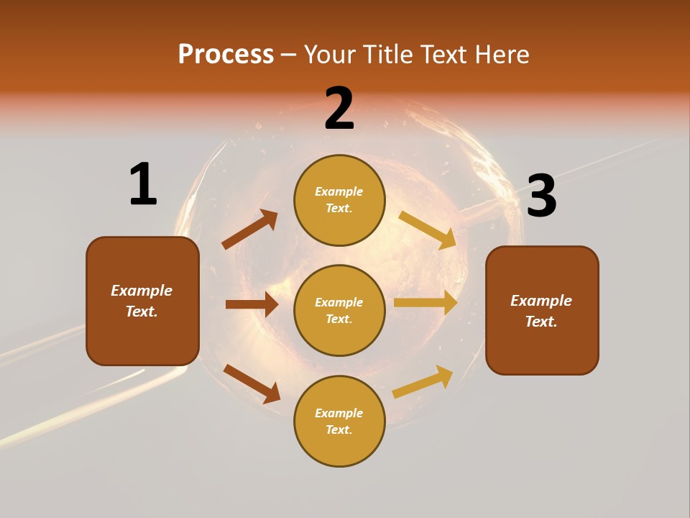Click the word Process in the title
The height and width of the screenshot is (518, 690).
pos(226,55)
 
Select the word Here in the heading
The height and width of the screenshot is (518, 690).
pos(502,55)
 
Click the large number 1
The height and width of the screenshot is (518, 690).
pos(143,184)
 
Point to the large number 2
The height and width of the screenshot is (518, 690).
pos(339,109)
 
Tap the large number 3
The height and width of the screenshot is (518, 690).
pos(541,196)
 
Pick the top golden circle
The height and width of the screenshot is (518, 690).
pos(339,200)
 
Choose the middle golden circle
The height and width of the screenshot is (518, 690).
pos(339,310)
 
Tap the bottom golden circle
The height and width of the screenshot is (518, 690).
pos(339,421)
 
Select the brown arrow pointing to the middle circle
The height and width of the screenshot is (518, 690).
pos(252,304)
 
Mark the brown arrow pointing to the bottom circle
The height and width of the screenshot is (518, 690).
pos(252,383)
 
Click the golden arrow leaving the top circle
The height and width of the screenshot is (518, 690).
pos(428,229)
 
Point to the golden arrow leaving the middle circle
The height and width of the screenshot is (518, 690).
pos(425,303)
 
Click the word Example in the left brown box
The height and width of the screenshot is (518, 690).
pos(142,291)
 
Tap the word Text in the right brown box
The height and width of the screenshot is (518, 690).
pos(541,322)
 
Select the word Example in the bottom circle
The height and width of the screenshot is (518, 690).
pos(339,413)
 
